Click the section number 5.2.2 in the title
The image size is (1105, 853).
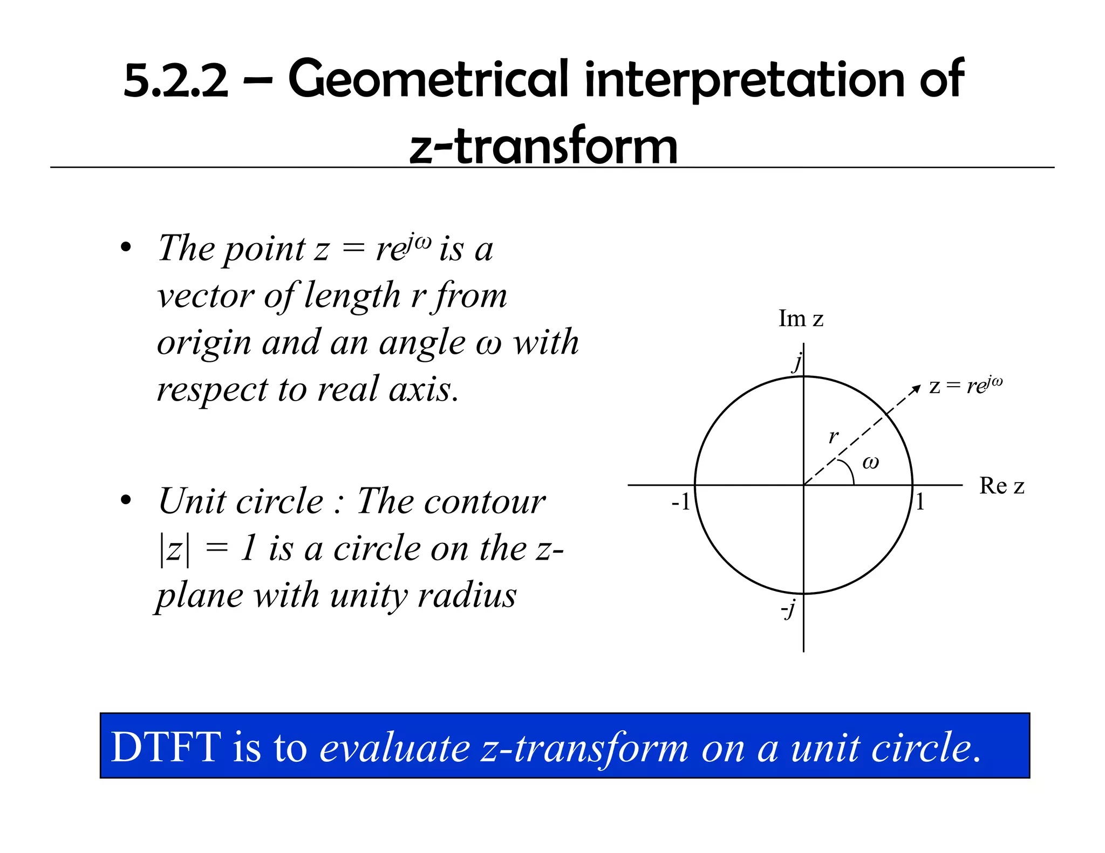point(176,81)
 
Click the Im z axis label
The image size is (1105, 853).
point(801,319)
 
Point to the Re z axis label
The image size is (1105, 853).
point(1001,486)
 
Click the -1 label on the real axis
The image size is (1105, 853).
point(681,503)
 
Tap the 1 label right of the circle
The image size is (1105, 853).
point(920,503)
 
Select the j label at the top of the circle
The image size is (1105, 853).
point(797,362)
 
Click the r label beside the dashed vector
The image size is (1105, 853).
point(834,436)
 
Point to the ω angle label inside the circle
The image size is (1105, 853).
point(871,462)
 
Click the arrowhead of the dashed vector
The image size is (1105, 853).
point(916,388)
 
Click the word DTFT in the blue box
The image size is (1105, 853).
point(166,747)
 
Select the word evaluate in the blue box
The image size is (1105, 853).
point(395,748)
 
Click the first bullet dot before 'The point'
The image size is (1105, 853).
point(126,248)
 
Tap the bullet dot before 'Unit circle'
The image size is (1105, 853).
point(126,500)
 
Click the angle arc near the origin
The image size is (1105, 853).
point(851,472)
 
